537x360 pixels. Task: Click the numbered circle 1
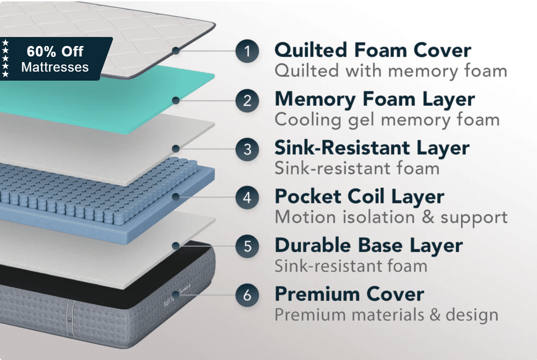247,51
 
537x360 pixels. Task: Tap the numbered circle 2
247,101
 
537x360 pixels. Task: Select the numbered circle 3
247,149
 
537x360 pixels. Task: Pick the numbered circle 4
247,197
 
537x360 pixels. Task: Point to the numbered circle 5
247,246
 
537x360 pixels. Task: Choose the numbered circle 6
247,295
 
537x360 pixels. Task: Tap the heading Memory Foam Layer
374,99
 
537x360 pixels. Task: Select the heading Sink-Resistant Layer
372,148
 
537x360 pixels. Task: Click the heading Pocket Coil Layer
359,196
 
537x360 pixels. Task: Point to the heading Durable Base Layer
369,245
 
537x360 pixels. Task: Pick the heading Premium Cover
349,294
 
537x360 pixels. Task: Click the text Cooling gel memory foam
387,120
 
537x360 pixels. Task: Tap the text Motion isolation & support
391,217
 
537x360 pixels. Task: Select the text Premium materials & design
386,314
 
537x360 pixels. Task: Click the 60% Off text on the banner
55,51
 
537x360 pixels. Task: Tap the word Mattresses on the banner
55,67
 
